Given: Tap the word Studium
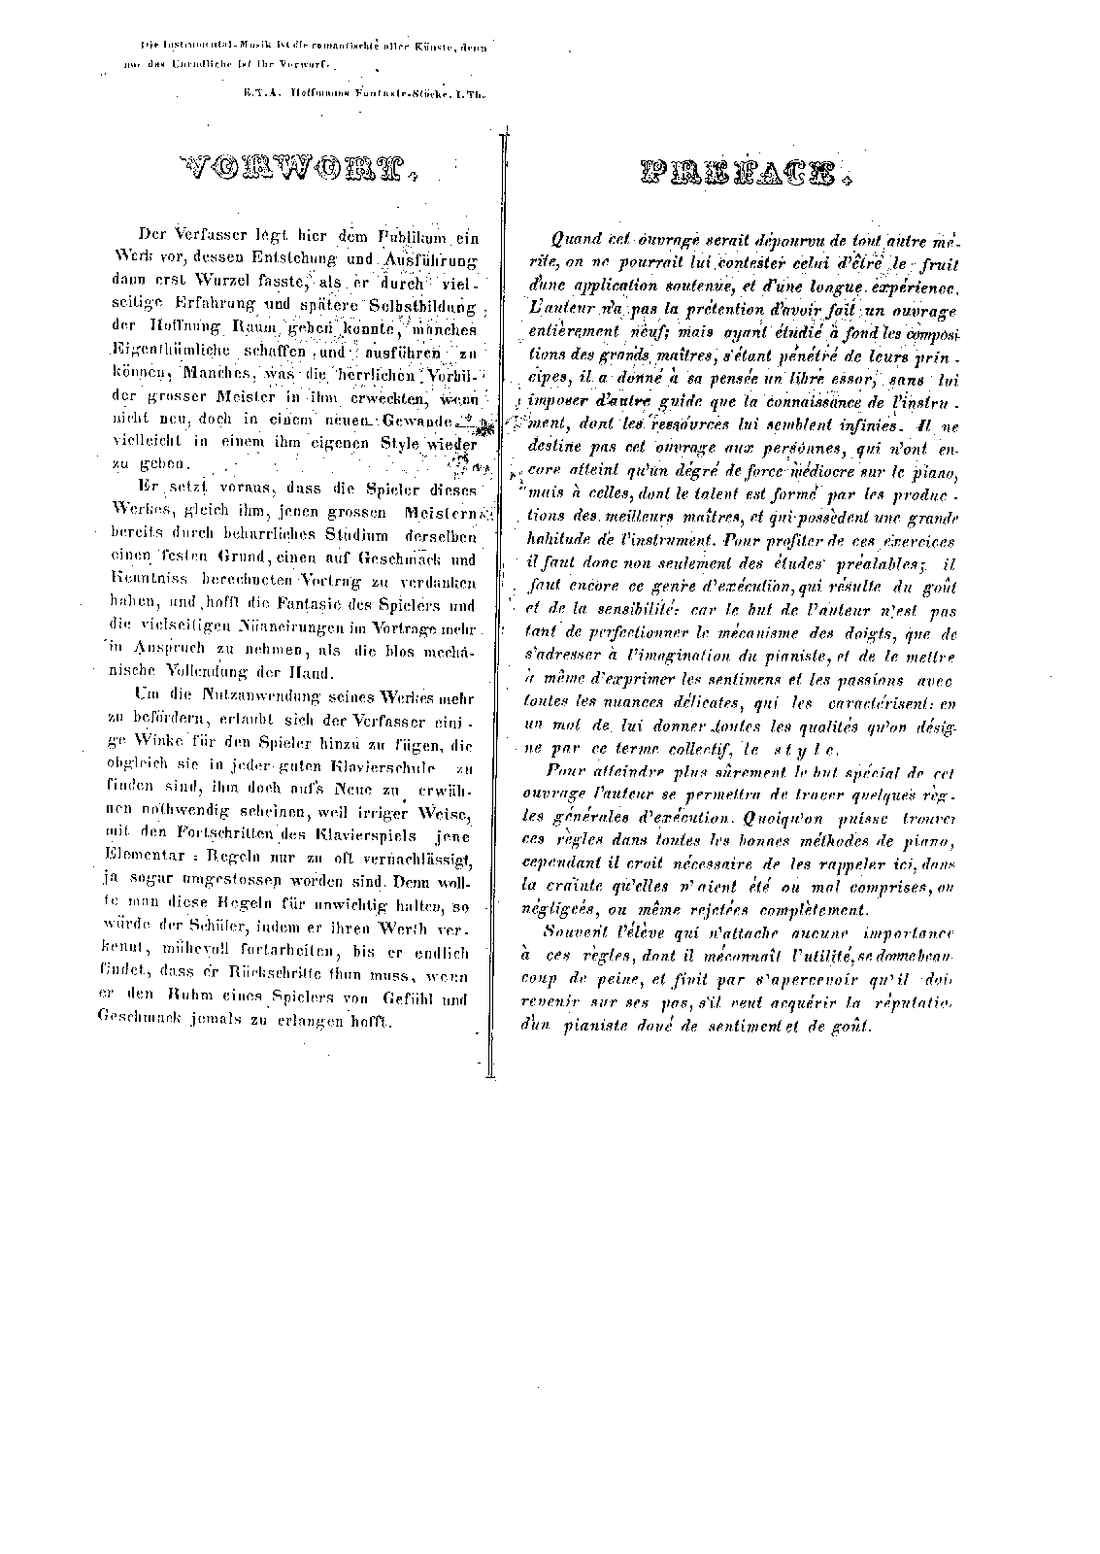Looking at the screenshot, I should (357, 535).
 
